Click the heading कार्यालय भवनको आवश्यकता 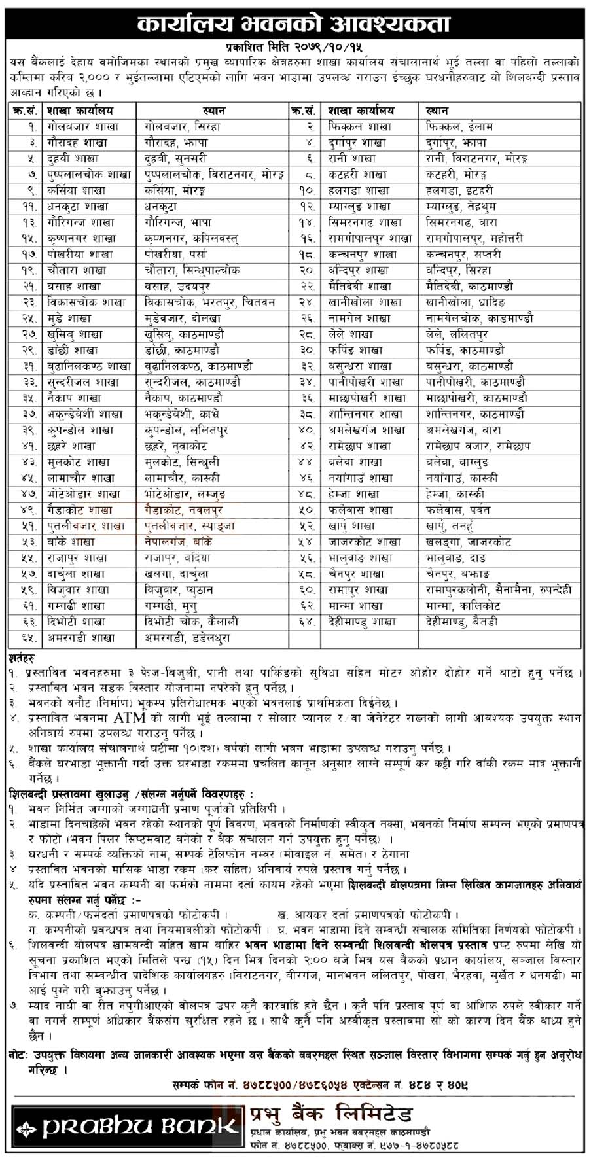294,25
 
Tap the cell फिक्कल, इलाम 459,126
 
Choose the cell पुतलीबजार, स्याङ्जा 189,526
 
